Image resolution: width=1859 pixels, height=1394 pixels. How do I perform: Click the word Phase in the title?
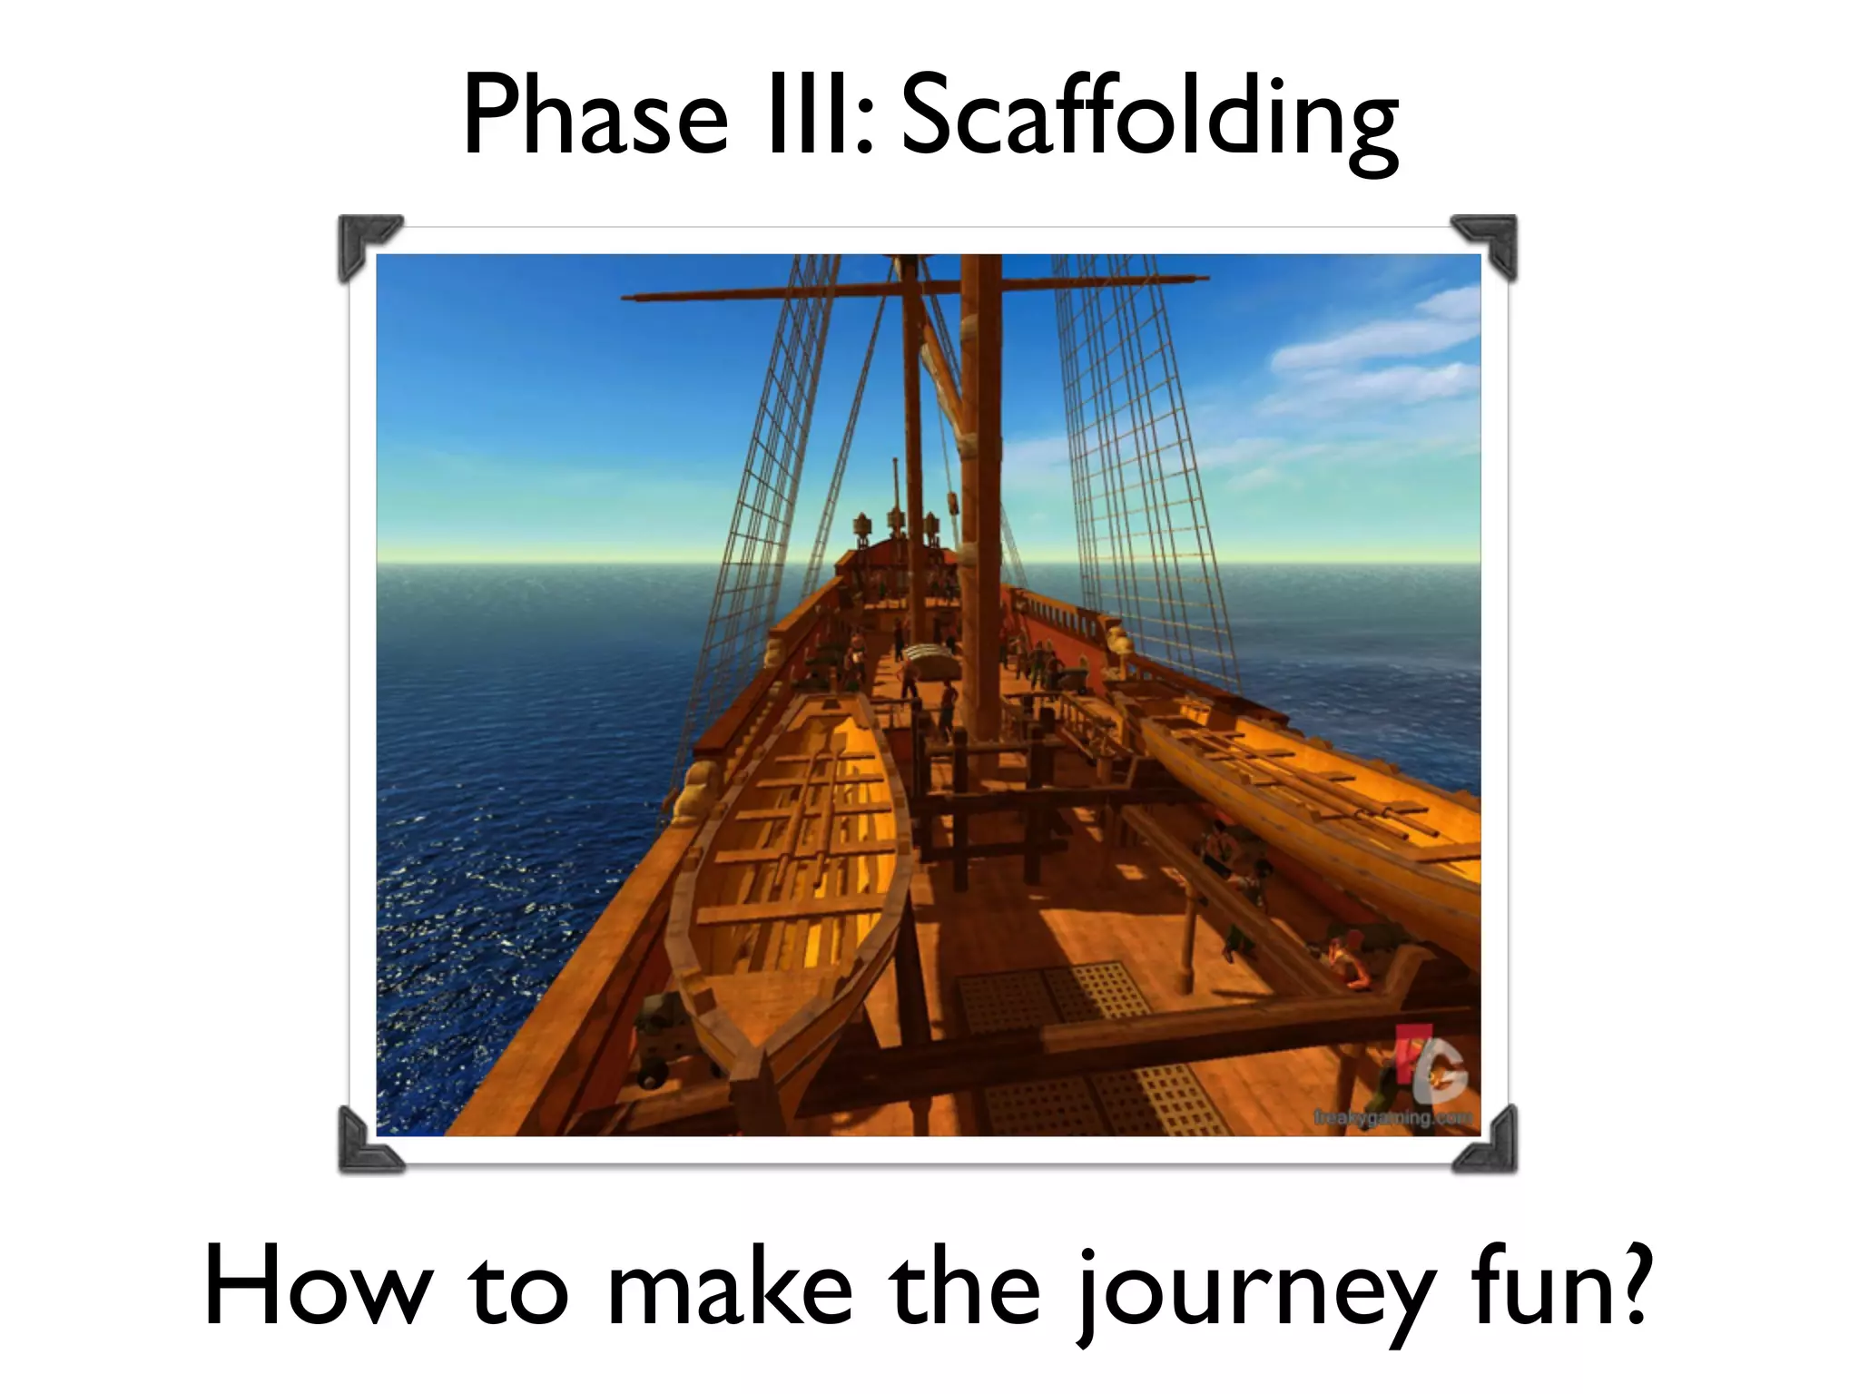point(595,118)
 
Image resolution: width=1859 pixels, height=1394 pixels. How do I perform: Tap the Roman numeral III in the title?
point(820,118)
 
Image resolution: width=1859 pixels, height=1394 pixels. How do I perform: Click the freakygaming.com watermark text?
point(1392,1118)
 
